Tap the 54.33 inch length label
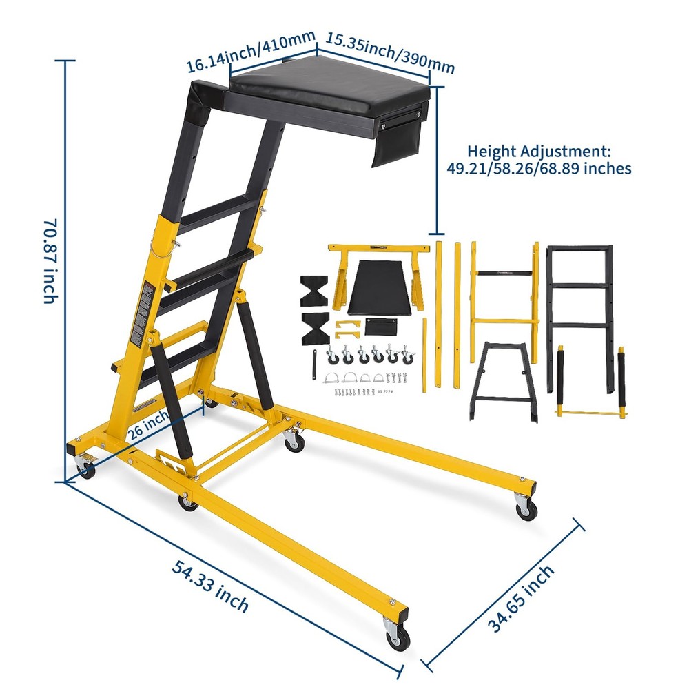pos(211,587)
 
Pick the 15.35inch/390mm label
pos(390,52)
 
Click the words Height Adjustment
pos(538,151)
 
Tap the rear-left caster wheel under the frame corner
pos(86,471)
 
